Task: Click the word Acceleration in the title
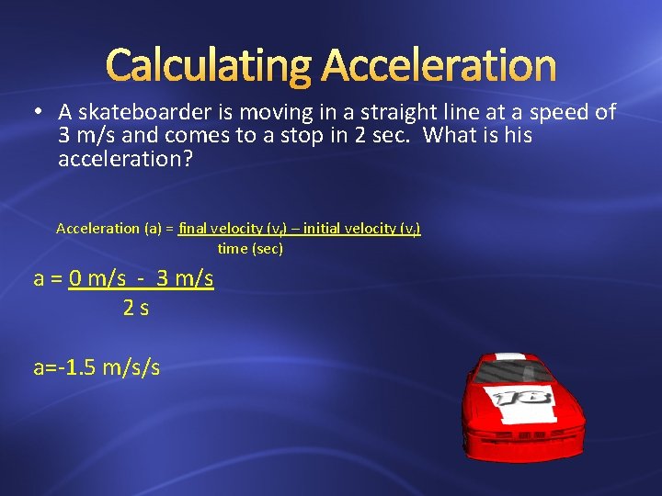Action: tap(439, 66)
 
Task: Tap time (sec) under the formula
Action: tap(250, 249)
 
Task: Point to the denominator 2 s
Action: tap(136, 309)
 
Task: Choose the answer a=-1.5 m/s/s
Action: tap(97, 367)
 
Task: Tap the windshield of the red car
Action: tap(516, 372)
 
